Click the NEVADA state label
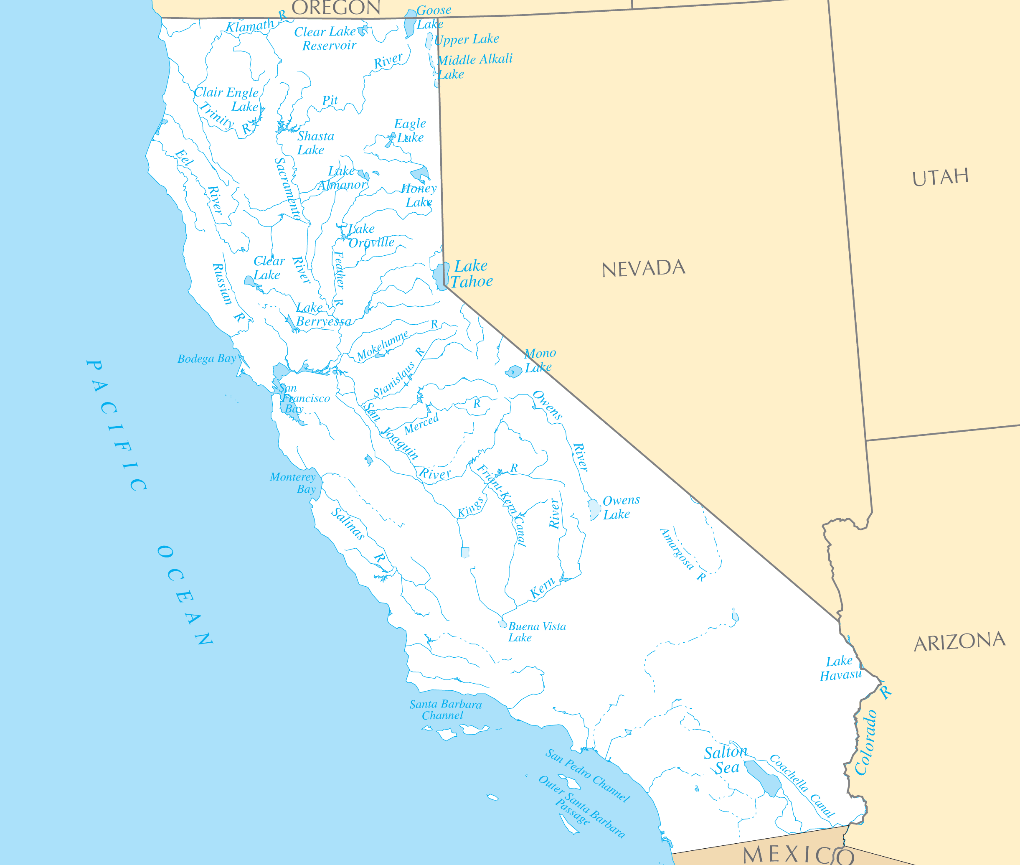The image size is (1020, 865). (x=643, y=268)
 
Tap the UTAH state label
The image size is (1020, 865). (x=940, y=177)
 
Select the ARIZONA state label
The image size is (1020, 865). (x=959, y=641)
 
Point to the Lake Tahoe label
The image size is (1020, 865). (x=472, y=274)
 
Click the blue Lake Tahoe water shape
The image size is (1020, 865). (x=441, y=276)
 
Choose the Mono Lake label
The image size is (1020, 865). (x=540, y=360)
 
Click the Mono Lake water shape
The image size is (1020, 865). (x=514, y=371)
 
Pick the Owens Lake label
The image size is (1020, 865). (x=621, y=507)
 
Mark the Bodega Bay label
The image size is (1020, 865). (x=206, y=359)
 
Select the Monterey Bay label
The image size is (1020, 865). (x=294, y=483)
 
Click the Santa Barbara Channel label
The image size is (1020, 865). (x=445, y=710)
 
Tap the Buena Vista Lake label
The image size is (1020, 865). (x=536, y=631)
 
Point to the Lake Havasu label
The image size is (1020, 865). (x=840, y=668)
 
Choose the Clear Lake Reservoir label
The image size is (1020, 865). (x=326, y=38)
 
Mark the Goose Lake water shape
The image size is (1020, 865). (x=410, y=23)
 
